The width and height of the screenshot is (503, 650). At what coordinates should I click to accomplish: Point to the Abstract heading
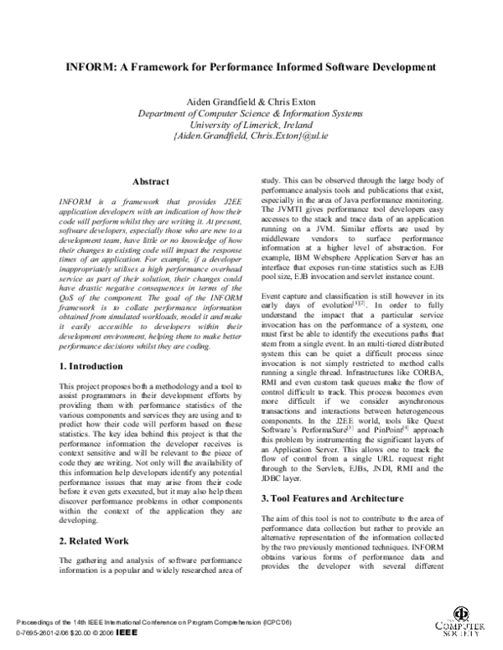[151, 182]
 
